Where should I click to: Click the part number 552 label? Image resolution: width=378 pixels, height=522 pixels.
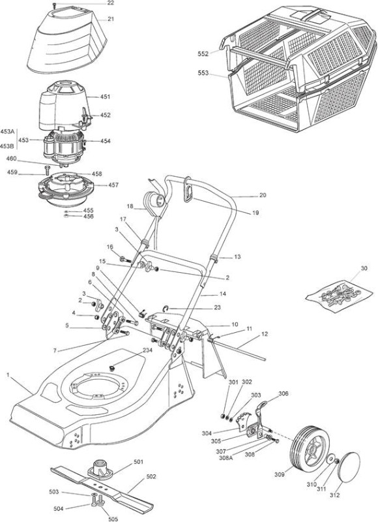(x=203, y=54)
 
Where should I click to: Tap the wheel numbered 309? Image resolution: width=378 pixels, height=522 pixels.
(x=306, y=448)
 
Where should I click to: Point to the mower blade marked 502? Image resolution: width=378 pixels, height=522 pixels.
(x=102, y=487)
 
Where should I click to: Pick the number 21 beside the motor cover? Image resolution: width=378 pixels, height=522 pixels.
(x=111, y=19)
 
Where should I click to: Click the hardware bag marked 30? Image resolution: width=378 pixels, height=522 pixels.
(x=339, y=294)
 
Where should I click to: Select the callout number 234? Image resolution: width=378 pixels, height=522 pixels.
(x=147, y=350)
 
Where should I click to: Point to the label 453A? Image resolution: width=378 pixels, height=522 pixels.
(x=7, y=132)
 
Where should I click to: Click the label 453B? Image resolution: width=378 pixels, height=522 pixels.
(x=7, y=146)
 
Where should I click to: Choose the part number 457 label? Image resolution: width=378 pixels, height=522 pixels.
(x=113, y=185)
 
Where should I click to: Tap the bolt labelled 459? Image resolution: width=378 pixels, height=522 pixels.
(x=46, y=170)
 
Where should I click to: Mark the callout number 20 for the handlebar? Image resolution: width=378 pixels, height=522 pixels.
(x=263, y=195)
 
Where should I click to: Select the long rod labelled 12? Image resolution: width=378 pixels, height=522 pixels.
(x=239, y=346)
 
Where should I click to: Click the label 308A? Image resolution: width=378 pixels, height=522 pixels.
(x=227, y=457)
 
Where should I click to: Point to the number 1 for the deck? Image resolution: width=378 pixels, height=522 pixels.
(x=8, y=375)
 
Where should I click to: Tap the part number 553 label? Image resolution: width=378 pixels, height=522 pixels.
(x=203, y=73)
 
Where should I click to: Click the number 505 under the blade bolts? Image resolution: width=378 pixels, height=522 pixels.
(x=113, y=519)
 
